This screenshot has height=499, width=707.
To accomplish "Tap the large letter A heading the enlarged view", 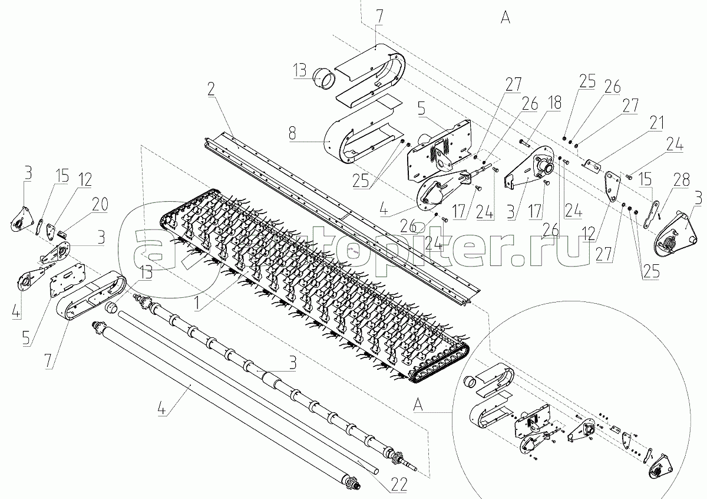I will pyautogui.click(x=505, y=18).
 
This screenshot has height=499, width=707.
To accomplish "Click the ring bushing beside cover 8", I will pyautogui.click(x=323, y=78).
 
